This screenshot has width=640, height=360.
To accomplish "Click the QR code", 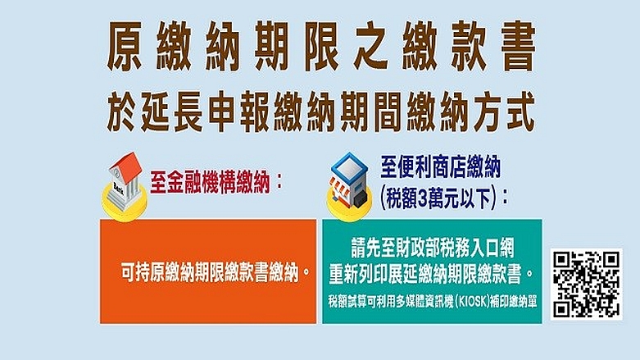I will tap(587, 284).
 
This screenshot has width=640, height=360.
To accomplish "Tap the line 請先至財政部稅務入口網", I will tap(431, 244).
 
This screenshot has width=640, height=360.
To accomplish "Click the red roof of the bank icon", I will tap(125, 163).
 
